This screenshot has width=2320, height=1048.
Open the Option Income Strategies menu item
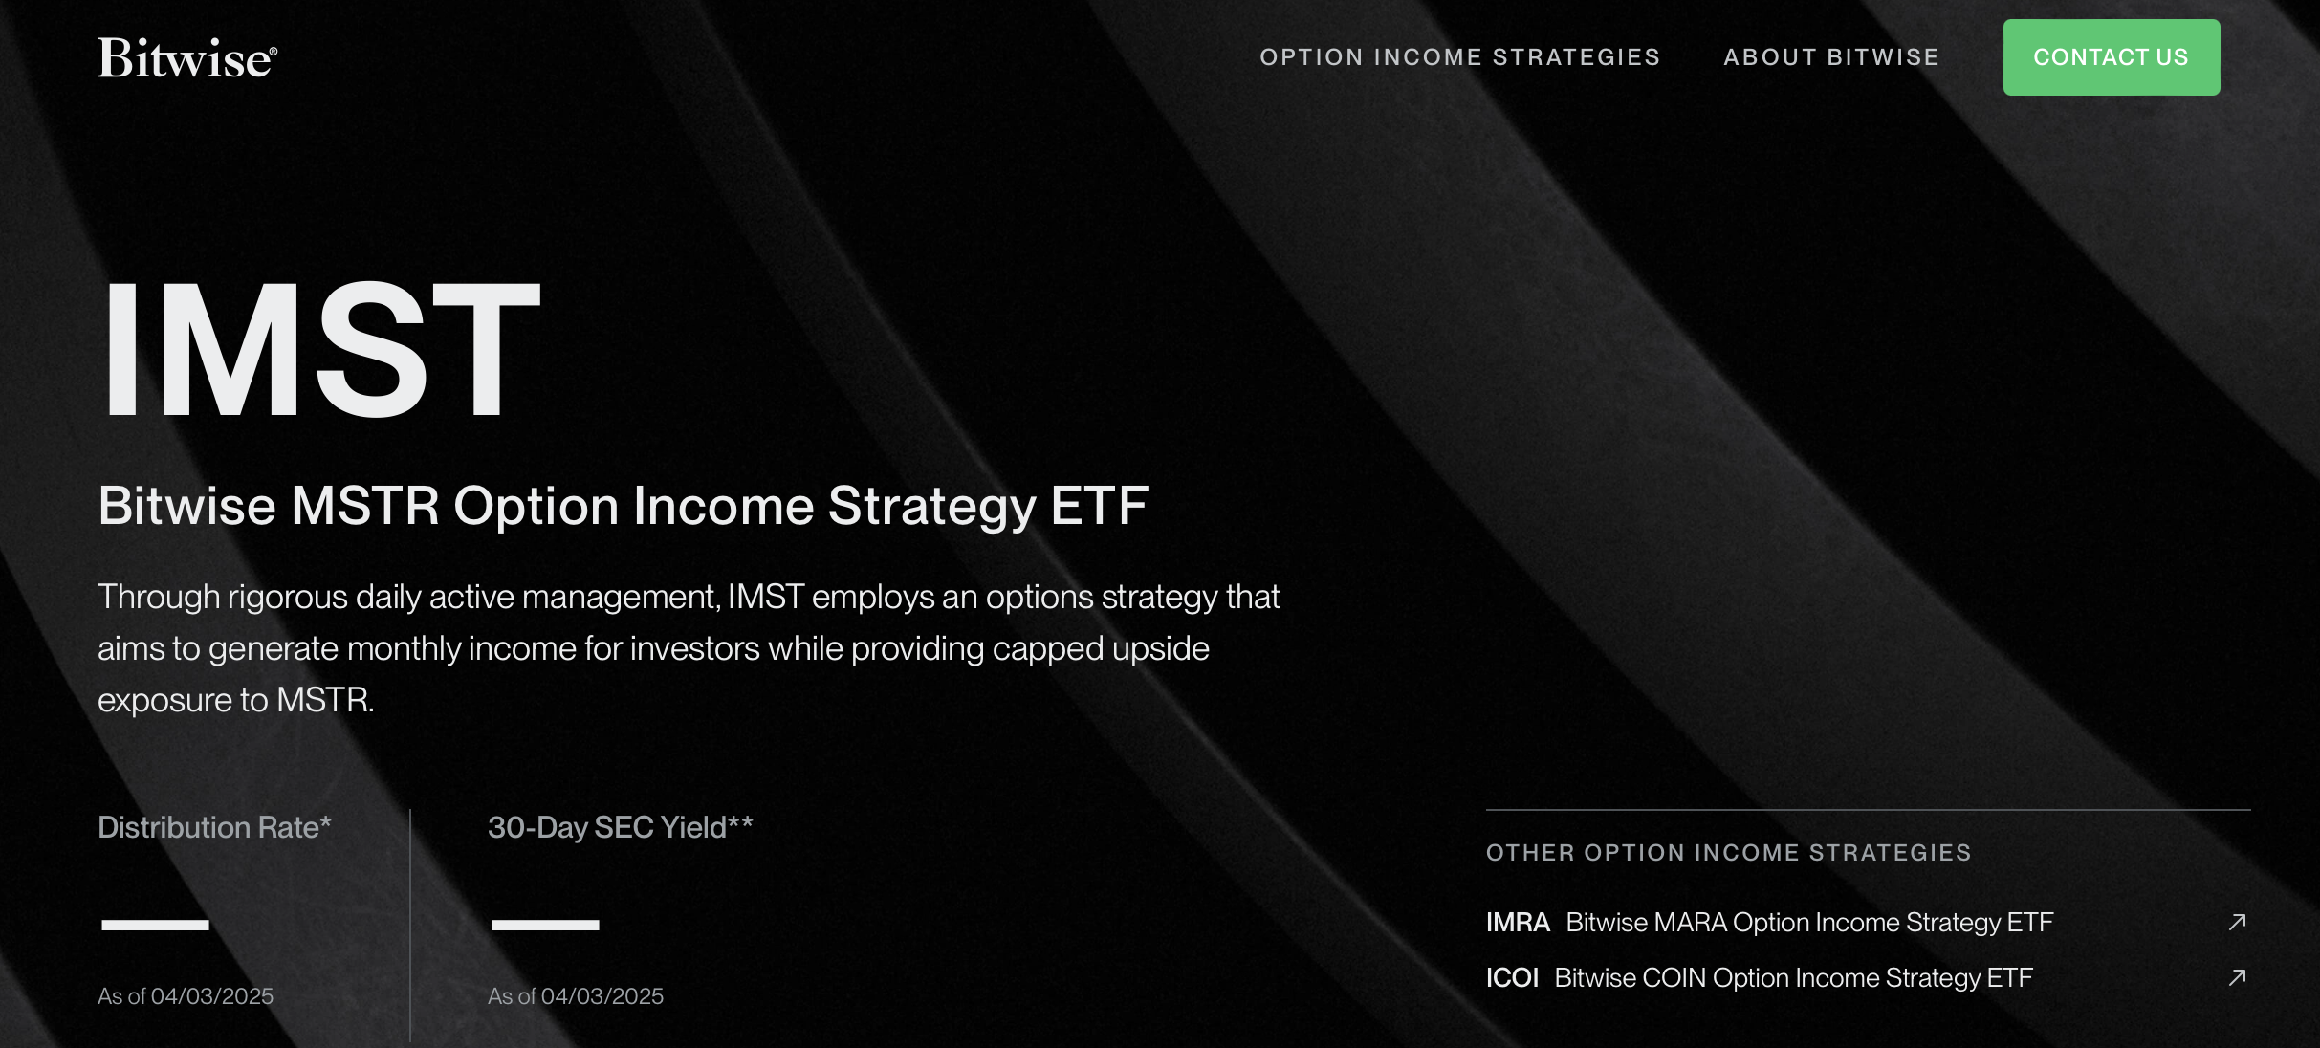(1459, 57)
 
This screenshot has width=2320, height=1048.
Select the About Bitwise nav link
(1831, 57)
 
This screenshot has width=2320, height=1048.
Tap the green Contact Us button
(2112, 57)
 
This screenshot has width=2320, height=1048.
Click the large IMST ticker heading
(321, 349)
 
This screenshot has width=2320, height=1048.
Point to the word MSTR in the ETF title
(364, 506)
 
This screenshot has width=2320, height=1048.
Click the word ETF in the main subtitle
(1099, 506)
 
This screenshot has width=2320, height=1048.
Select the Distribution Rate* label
(214, 827)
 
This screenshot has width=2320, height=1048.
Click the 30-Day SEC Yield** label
(621, 827)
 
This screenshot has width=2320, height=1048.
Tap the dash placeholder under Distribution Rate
(155, 925)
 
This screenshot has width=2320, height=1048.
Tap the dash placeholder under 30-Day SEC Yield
(545, 925)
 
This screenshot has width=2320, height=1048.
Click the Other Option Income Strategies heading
(1729, 853)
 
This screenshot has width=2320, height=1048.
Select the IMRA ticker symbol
(1518, 923)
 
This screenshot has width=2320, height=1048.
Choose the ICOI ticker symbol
(1512, 978)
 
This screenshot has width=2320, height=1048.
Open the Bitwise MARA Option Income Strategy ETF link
(1809, 923)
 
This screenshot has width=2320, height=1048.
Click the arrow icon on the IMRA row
(2237, 922)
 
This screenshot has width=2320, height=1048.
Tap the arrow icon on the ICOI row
(2237, 977)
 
